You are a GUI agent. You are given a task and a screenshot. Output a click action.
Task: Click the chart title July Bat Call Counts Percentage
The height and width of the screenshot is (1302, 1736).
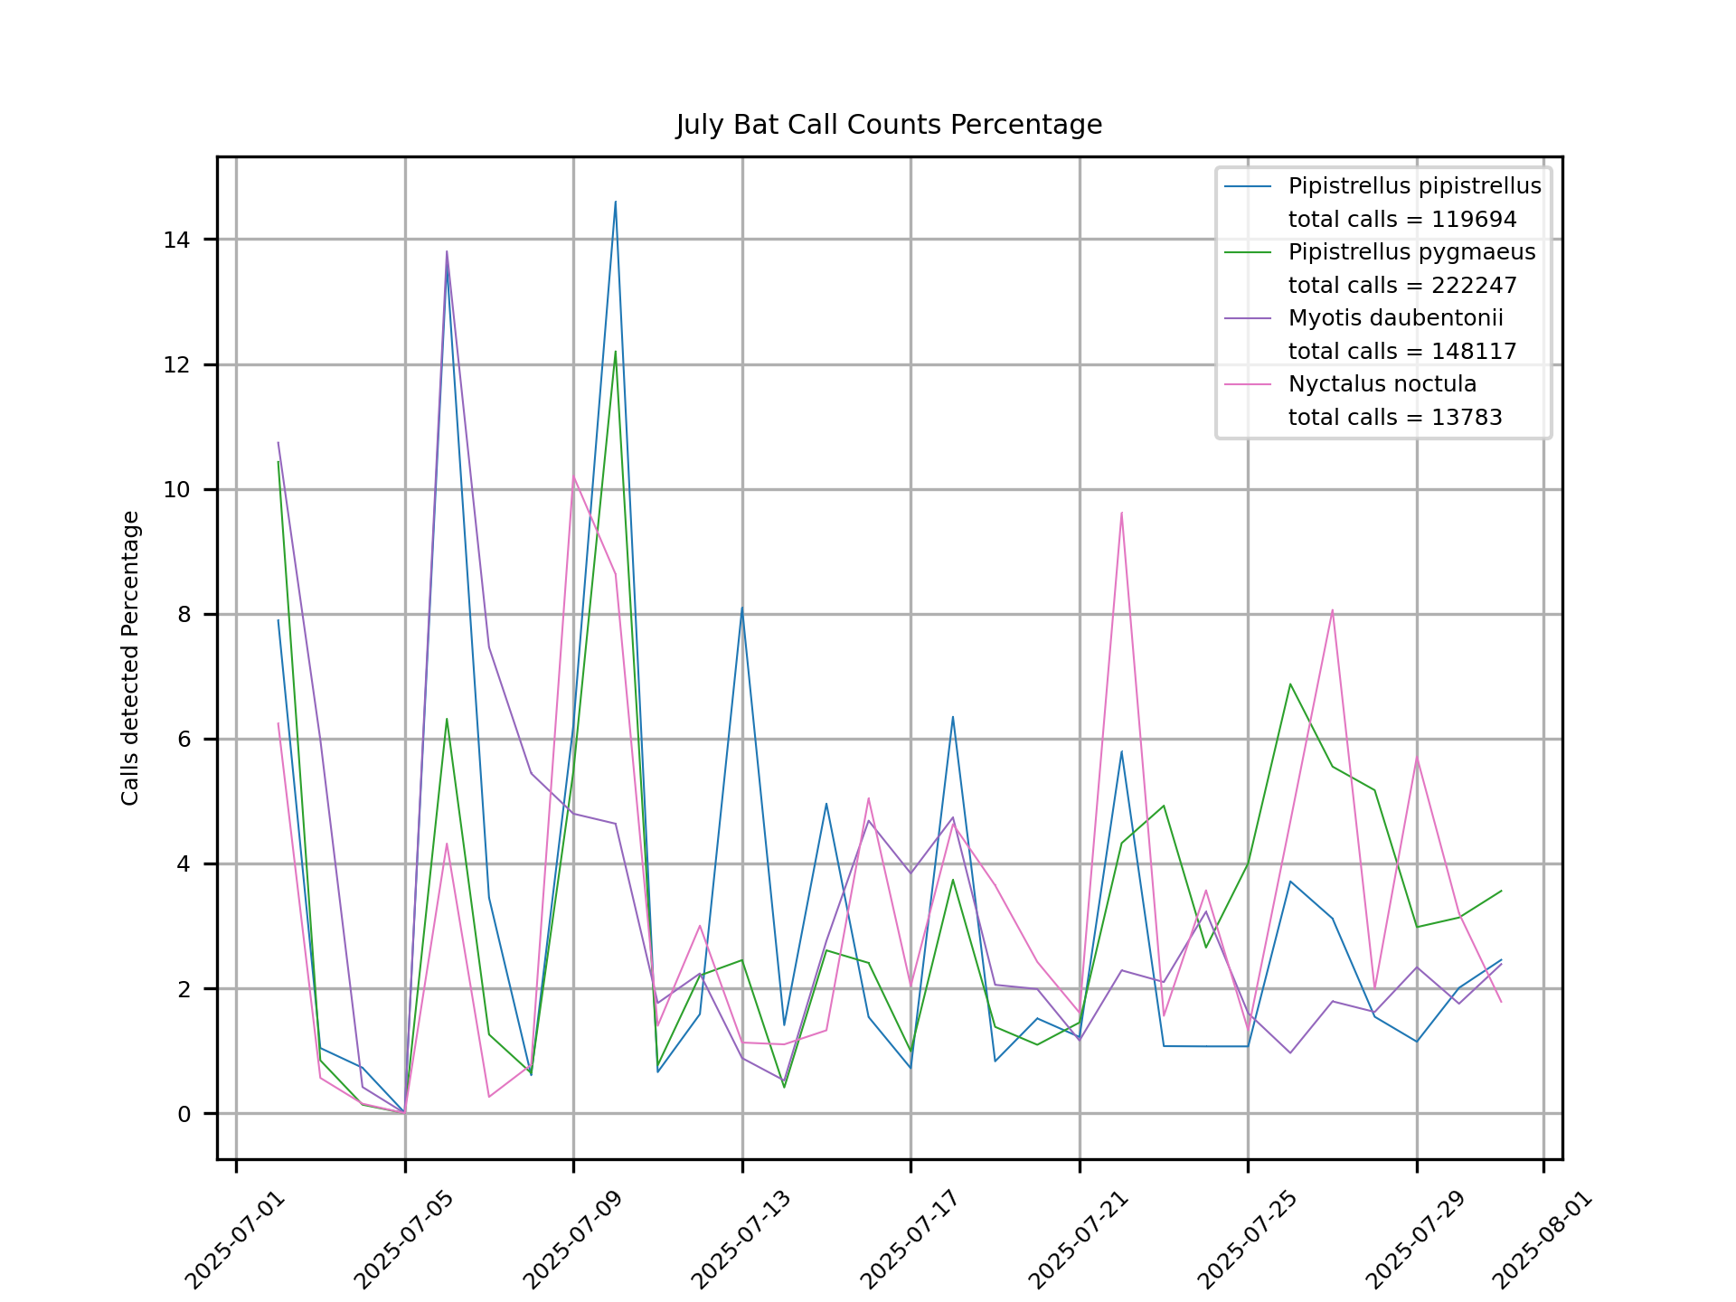coord(889,125)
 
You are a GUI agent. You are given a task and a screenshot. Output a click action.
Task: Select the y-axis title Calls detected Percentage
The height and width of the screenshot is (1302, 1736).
coord(131,658)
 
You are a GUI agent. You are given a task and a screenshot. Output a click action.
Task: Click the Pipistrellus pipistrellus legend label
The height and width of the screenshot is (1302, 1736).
coord(1414,186)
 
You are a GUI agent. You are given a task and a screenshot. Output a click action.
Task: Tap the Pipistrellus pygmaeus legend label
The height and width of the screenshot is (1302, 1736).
coord(1411,252)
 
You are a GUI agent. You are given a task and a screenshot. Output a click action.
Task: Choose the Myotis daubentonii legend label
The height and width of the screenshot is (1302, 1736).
coord(1395,318)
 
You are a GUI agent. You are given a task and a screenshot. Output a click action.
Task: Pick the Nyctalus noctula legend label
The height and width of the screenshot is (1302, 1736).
coord(1382,384)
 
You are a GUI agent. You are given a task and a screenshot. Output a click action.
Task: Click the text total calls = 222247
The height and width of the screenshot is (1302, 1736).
coord(1402,286)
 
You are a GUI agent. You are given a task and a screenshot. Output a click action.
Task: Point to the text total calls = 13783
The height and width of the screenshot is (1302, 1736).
coord(1395,418)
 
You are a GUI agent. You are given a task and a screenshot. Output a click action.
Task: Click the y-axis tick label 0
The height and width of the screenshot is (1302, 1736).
coord(184,1114)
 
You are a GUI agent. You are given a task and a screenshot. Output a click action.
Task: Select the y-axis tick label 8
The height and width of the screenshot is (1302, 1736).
coord(184,615)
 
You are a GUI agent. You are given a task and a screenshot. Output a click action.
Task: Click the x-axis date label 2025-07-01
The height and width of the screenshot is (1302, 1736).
coord(234,1241)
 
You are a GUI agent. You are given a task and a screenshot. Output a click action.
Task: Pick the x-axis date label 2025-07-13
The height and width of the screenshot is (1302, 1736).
coord(741,1241)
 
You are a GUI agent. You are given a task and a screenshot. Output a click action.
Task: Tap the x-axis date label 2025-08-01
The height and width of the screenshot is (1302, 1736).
coord(1542,1241)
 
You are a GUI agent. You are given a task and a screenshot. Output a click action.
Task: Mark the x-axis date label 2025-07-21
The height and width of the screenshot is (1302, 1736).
coord(1078,1241)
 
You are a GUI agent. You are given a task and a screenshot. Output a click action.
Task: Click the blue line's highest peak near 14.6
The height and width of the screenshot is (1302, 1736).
coord(616,203)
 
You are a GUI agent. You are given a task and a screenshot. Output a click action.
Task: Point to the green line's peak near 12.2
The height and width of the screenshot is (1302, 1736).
coord(616,352)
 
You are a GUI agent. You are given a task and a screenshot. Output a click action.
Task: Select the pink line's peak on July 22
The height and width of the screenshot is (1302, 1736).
coord(1121,514)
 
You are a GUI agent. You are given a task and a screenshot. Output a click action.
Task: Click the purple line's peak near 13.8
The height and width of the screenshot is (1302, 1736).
coord(447,252)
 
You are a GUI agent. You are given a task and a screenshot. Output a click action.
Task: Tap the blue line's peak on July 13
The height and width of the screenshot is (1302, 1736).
coord(741,608)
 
